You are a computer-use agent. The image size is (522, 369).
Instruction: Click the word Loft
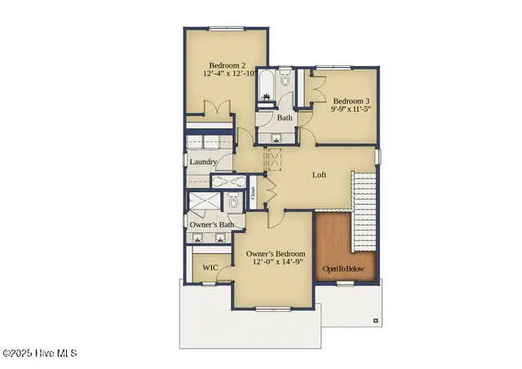point(321,174)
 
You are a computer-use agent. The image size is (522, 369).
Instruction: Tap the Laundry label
point(203,162)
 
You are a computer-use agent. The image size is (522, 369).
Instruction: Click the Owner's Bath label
point(212,225)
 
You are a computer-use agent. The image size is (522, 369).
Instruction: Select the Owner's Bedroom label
point(276,254)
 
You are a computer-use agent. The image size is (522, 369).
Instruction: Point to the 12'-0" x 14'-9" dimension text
point(276,262)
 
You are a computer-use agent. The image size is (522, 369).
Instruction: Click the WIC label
point(210,267)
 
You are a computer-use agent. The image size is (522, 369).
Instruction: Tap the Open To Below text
point(343,269)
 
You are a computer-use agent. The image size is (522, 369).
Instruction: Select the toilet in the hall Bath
point(285,80)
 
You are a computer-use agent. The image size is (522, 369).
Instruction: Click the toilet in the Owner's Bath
point(232,202)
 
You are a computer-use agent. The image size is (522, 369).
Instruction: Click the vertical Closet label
point(254,193)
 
